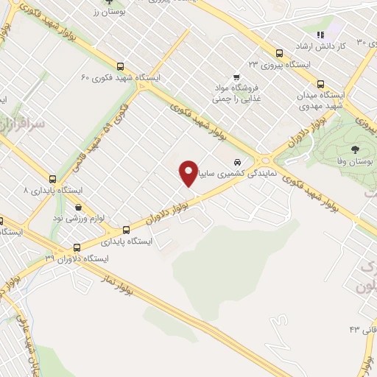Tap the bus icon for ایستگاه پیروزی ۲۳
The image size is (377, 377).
279,53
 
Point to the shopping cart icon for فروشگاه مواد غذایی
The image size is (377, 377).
236,76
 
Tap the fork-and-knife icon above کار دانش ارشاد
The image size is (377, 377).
319,35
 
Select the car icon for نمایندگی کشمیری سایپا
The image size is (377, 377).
236,162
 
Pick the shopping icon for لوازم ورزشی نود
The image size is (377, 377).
78,207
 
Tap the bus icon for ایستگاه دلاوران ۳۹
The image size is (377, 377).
78,248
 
